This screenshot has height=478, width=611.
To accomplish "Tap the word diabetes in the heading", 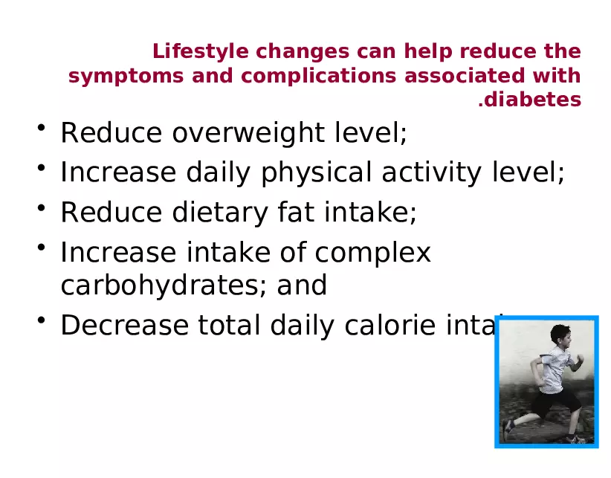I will (x=533, y=100).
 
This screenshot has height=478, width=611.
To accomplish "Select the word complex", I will (x=372, y=253).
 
